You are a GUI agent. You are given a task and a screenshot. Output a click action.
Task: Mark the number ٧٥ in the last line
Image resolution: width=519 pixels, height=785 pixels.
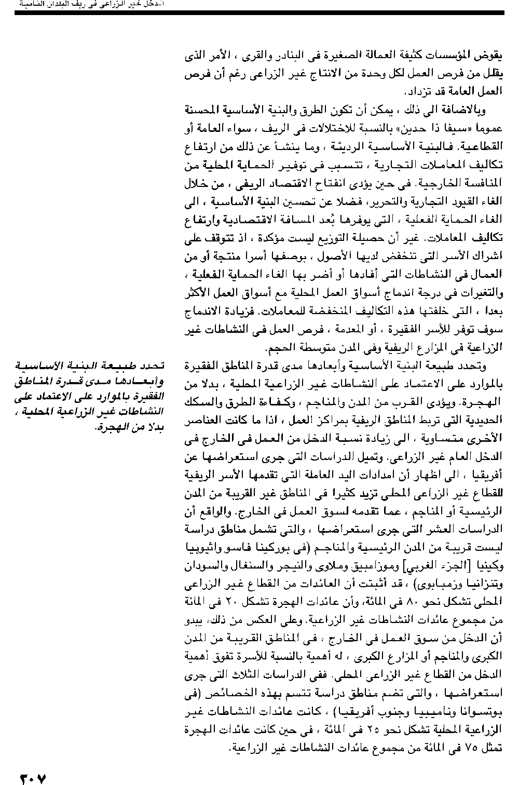click(483, 748)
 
